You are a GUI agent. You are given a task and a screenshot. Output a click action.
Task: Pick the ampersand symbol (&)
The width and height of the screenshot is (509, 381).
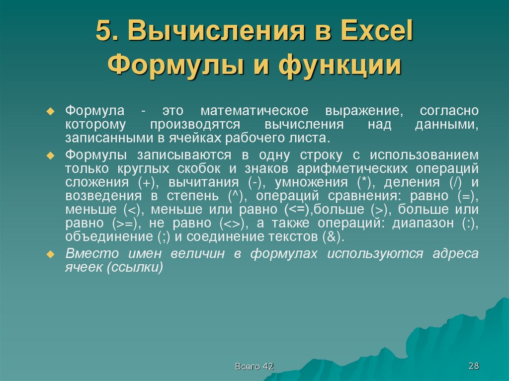[x=332, y=237]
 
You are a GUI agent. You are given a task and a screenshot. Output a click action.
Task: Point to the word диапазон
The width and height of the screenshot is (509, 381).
[x=423, y=223]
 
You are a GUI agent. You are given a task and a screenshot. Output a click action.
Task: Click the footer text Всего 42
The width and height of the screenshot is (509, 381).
[x=254, y=367]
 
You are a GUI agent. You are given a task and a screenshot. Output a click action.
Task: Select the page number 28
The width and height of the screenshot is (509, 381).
[x=473, y=366]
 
